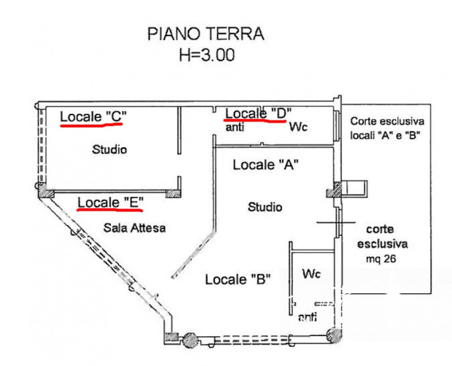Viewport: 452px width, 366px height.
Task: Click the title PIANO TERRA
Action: pos(206,34)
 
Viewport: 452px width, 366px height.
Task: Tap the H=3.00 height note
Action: pos(206,55)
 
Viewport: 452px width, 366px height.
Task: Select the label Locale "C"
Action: pos(93,116)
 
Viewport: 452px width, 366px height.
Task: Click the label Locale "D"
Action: pos(258,112)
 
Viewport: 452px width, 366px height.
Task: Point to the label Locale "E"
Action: pos(111,202)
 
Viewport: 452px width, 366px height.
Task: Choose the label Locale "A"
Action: pos(266,165)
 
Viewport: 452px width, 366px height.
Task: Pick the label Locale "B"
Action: pos(238,279)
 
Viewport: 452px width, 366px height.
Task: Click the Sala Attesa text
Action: pos(134,228)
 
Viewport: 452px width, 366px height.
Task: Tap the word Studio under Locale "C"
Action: pos(109,150)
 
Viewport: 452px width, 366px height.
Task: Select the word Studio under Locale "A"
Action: pos(265,207)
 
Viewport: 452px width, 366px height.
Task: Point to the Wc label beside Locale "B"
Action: pos(311,274)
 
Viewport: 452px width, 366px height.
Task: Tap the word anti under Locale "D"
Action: pos(234,127)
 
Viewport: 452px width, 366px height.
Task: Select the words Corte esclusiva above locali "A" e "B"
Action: pos(387,121)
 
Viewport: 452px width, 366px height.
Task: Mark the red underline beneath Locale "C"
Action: pos(91,126)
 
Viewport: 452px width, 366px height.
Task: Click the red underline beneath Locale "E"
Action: pos(110,210)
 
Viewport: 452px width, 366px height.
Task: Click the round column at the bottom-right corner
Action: pos(336,336)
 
